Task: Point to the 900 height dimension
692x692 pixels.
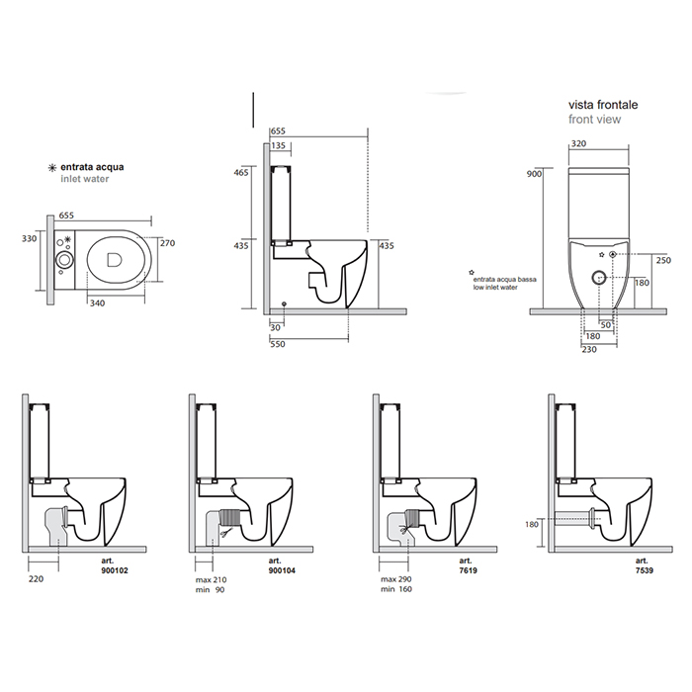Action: [x=535, y=174]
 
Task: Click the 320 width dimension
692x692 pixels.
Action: [x=581, y=142]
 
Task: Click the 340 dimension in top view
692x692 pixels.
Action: [x=97, y=303]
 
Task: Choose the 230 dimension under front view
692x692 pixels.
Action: [x=589, y=349]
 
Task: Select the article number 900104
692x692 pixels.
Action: [x=281, y=571]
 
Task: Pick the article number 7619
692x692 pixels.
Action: [x=446, y=571]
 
